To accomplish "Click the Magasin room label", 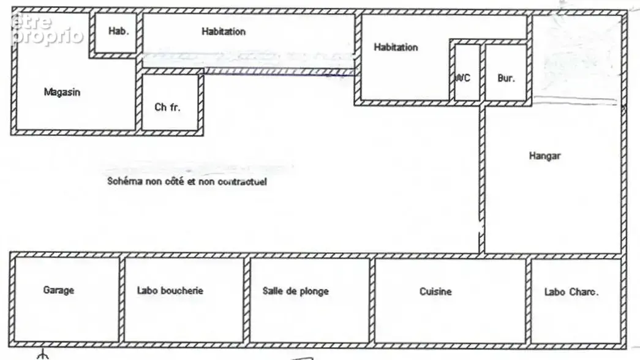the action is (62, 92).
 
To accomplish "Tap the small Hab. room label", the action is (118, 31).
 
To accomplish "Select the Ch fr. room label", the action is (167, 107).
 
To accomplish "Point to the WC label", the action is (462, 78).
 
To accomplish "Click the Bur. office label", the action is (506, 78).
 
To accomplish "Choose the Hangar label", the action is (544, 156).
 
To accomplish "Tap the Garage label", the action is (58, 290).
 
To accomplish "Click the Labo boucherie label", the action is (170, 291).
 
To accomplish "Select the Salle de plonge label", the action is (296, 291).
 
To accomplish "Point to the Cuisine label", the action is (435, 291).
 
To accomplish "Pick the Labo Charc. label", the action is (571, 292).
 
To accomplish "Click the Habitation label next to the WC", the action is (396, 47).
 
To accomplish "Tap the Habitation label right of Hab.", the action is (224, 31).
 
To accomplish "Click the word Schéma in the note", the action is (124, 181).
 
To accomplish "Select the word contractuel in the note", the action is (242, 182).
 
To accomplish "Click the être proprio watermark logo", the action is (47, 29).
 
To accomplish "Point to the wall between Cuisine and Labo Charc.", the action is (529, 301).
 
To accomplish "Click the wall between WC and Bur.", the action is (483, 72).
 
